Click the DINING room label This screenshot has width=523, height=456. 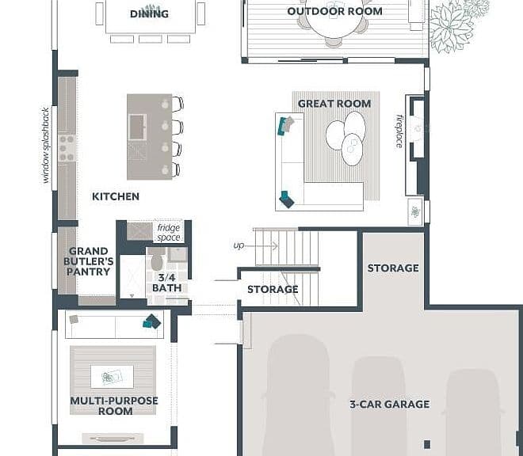click(x=149, y=14)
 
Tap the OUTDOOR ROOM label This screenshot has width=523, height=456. click(x=334, y=11)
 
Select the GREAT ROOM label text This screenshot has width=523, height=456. click(x=334, y=104)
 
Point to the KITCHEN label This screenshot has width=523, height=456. click(x=116, y=196)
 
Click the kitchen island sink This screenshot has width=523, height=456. click(x=137, y=127)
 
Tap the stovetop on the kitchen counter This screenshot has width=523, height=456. click(x=67, y=148)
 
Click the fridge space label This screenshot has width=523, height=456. click(x=169, y=232)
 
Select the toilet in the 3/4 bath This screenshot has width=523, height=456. click(x=156, y=259)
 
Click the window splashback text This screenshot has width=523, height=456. click(x=45, y=145)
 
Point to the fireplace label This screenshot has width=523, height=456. click(x=399, y=131)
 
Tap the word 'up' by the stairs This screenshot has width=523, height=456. click(x=239, y=245)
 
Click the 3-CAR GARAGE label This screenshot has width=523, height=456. click(x=390, y=405)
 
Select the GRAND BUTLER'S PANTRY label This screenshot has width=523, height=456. click(x=89, y=261)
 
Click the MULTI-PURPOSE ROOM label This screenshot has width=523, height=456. click(x=114, y=405)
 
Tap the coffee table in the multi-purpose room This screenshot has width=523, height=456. click(x=112, y=377)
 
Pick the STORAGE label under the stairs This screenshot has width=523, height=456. click(x=273, y=289)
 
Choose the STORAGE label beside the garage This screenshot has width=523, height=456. click(x=393, y=268)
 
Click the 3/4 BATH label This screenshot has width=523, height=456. click(x=166, y=283)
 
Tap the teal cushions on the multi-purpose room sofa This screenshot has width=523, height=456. click(x=152, y=321)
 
